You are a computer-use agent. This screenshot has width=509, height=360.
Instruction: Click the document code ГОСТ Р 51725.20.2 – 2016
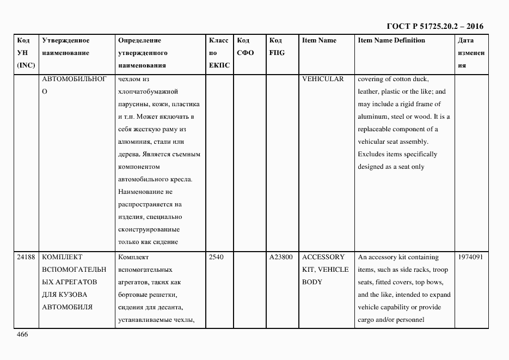pos(434,26)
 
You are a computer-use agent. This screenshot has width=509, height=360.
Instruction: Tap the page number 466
pos(22,334)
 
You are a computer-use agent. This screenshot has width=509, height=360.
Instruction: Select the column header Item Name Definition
pos(391,40)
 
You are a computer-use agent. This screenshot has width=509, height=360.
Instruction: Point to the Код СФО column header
pos(246,46)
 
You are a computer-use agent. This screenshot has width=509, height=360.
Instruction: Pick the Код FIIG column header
pos(277,46)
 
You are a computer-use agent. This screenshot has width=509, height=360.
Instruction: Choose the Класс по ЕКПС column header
pos(219,53)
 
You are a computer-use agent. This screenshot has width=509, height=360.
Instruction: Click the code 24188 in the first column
pos(27,257)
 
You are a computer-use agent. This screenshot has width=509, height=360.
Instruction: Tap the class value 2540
pos(217,257)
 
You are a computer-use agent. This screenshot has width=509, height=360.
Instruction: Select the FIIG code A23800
pos(281,257)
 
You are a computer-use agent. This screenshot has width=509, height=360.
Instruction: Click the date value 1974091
pos(471,257)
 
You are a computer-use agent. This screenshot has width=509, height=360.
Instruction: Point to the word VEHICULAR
pos(323,79)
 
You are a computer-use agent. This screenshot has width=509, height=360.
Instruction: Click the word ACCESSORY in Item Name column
pos(323,257)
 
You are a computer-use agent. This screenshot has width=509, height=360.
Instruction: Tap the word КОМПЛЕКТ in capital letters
pos(62,257)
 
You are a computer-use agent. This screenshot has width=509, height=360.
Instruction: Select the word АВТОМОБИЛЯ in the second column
pos(67,307)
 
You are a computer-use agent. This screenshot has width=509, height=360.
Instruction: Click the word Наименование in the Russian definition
pos(145,192)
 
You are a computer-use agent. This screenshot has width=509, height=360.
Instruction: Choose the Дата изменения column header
pos(471,53)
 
